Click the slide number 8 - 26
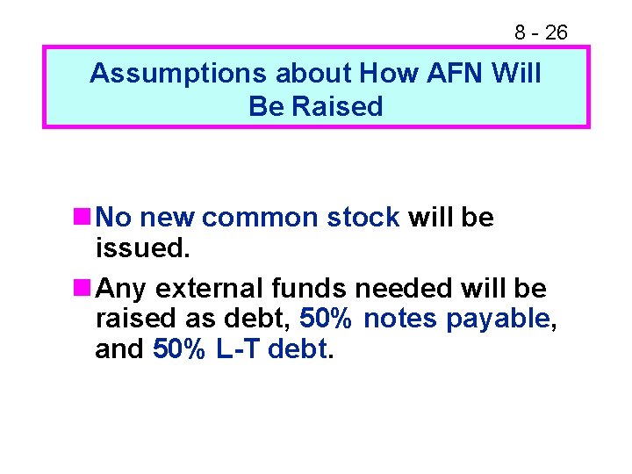(x=541, y=33)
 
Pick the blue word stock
(x=363, y=218)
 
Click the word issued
(x=141, y=248)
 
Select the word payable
(x=499, y=320)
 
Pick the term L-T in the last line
(x=237, y=349)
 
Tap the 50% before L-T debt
(x=180, y=349)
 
